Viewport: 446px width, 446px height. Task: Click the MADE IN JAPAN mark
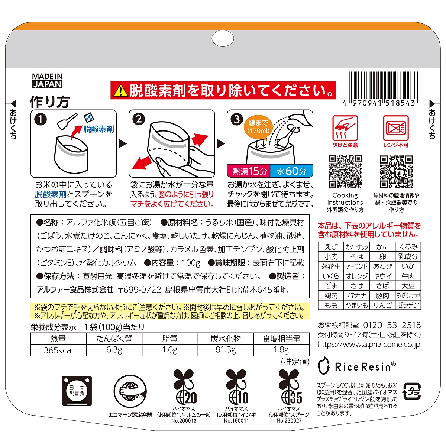pos(47,81)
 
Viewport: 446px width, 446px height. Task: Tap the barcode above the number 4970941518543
pos(383,86)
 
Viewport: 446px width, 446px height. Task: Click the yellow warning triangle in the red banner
pos(120,90)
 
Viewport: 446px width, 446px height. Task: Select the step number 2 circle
pos(139,119)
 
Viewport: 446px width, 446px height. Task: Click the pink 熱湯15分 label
pos(249,171)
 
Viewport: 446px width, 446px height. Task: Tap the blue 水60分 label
pos(291,171)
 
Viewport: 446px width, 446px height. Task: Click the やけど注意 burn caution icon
pos(345,132)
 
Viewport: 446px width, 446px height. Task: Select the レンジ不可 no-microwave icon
pos(396,132)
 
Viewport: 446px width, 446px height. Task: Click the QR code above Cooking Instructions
pos(345,172)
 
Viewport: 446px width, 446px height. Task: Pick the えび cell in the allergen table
pos(331,247)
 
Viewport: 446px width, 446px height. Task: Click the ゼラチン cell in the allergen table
pos(408,305)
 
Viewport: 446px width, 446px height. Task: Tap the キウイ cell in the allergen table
pos(382,276)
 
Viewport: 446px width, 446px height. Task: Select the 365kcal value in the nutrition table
pos(59,350)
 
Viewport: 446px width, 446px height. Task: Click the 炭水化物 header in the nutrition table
pos(226,339)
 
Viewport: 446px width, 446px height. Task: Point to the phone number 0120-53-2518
pos(392,325)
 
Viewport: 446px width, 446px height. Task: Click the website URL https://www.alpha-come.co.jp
pos(369,345)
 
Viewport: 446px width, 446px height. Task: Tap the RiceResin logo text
pos(365,366)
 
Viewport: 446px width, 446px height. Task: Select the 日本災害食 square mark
pos(77,391)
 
